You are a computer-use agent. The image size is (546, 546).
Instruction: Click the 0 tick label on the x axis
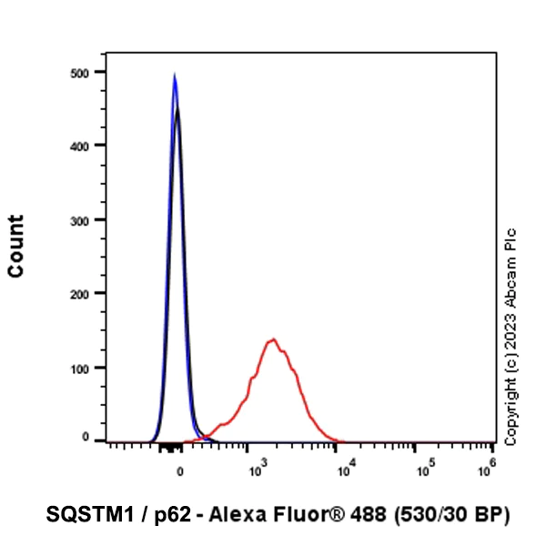[x=180, y=470]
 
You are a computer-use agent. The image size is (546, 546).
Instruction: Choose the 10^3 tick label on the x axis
[x=256, y=470]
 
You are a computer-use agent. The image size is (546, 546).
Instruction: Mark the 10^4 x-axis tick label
[x=336, y=470]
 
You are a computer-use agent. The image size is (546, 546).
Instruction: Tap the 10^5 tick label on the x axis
[x=415, y=470]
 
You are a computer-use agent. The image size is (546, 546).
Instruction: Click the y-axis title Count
[x=16, y=246]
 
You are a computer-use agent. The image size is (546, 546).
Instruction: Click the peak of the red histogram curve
[x=272, y=339]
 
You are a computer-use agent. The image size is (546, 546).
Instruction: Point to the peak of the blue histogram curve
[x=175, y=76]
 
